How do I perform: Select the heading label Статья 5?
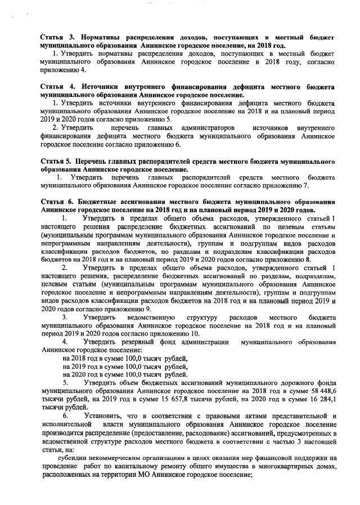[x=55, y=162]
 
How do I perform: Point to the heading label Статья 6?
[x=55, y=202]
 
